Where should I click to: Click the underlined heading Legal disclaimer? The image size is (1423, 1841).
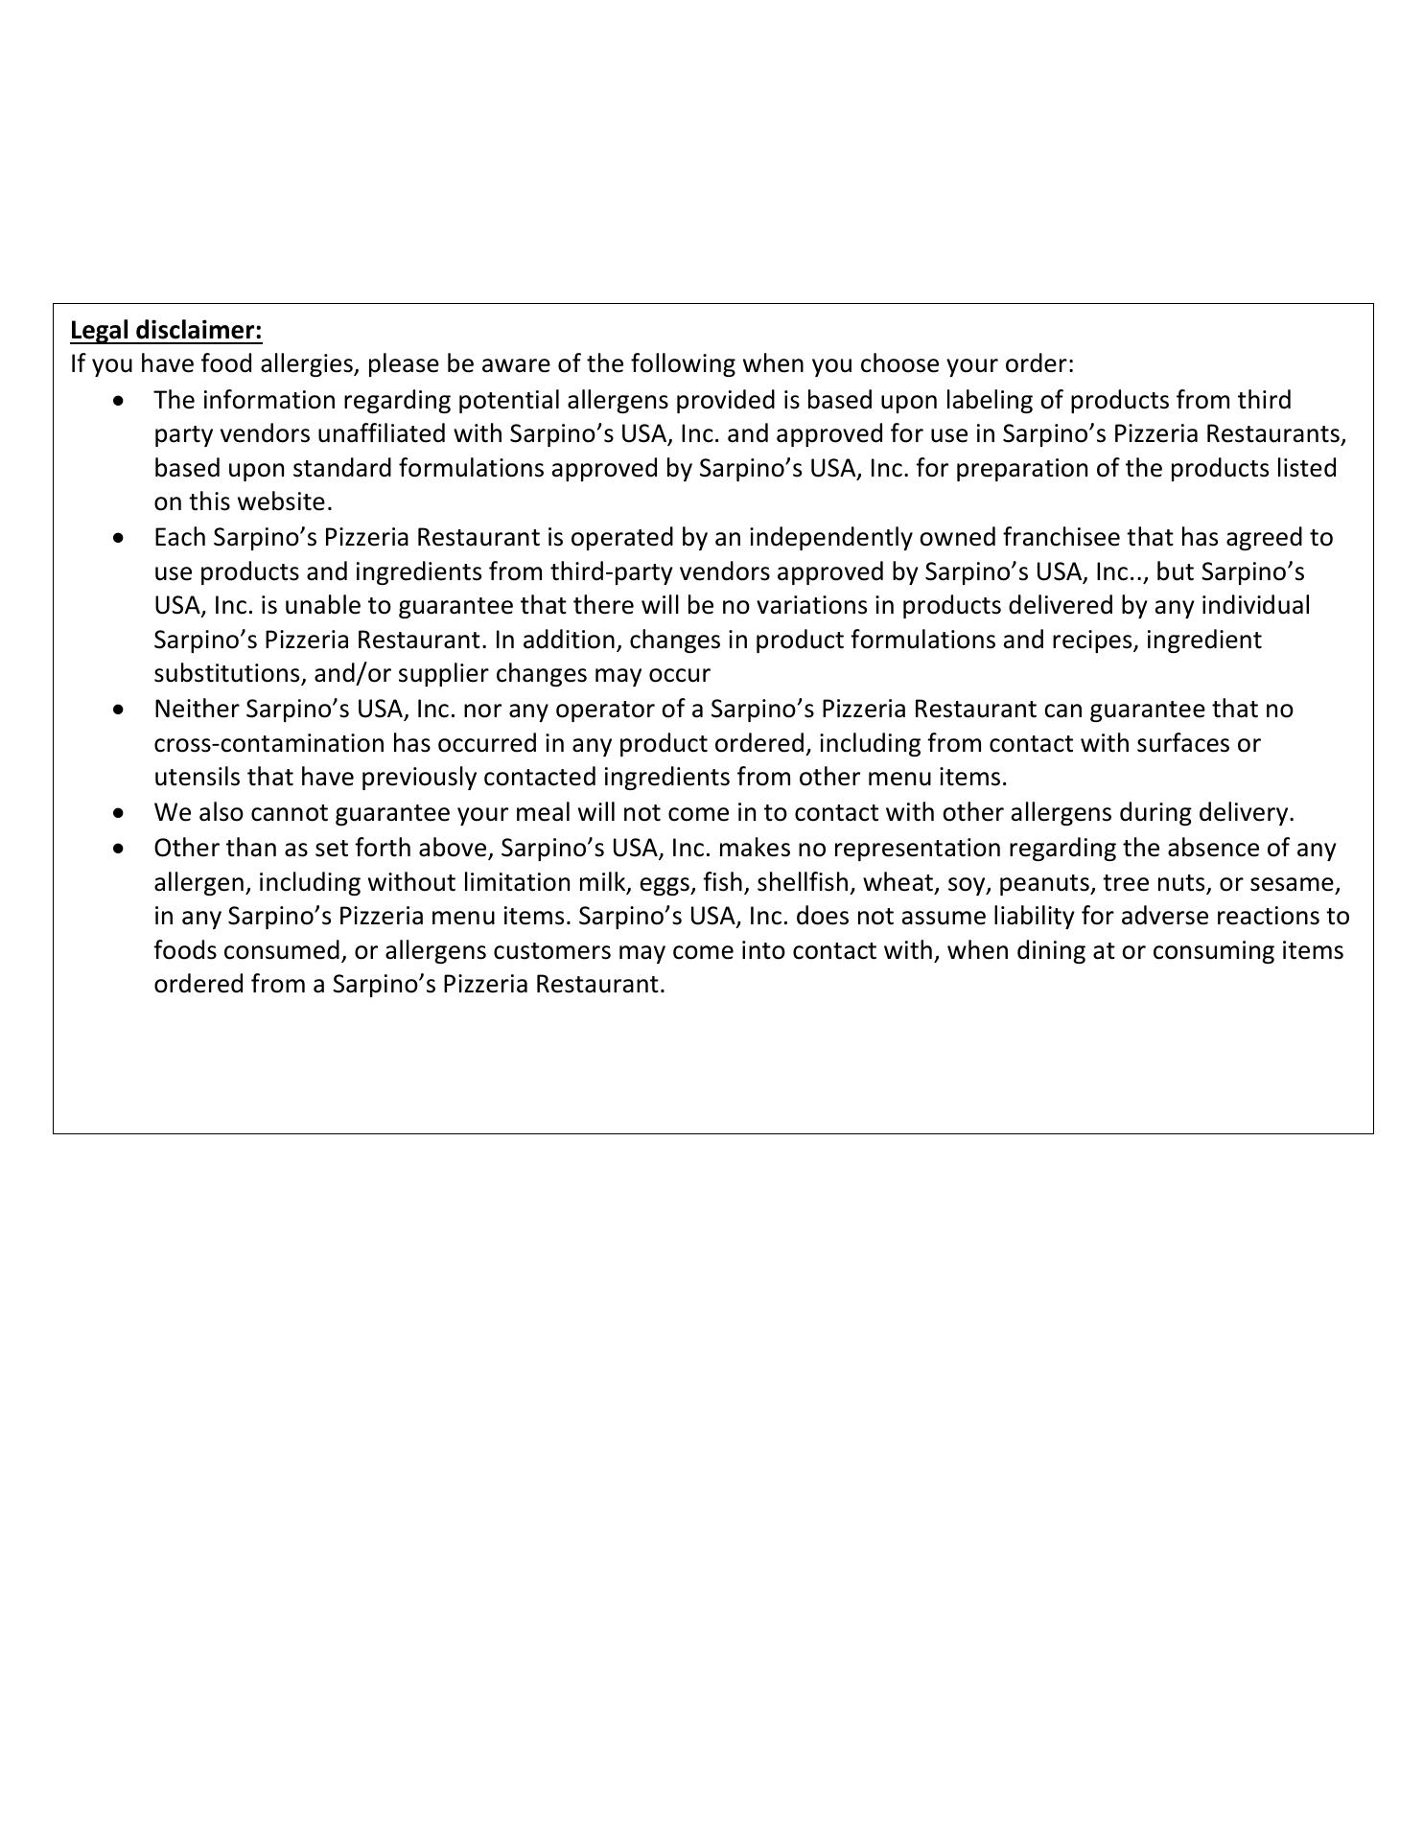coord(166,331)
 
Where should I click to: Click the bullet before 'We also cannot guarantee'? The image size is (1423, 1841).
coord(118,813)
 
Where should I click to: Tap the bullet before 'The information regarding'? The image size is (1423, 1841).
coord(118,400)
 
